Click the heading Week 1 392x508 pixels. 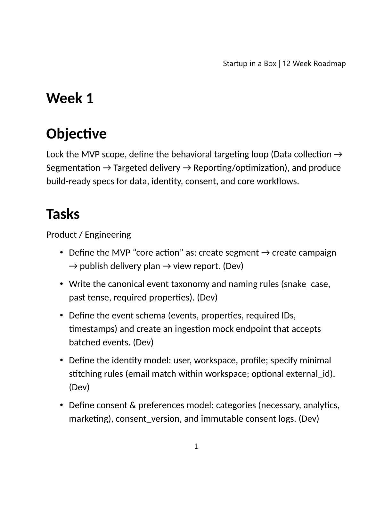[70, 98]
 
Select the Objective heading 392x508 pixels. [76, 134]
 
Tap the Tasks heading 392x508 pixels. [63, 214]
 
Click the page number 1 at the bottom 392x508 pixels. [196, 446]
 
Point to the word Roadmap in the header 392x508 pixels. [330, 63]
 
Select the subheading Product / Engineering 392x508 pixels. [88, 235]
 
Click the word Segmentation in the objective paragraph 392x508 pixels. [73, 168]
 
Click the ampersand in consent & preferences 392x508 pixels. [133, 405]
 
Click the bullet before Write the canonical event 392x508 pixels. [61, 284]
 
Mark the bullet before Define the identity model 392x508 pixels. [61, 360]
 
